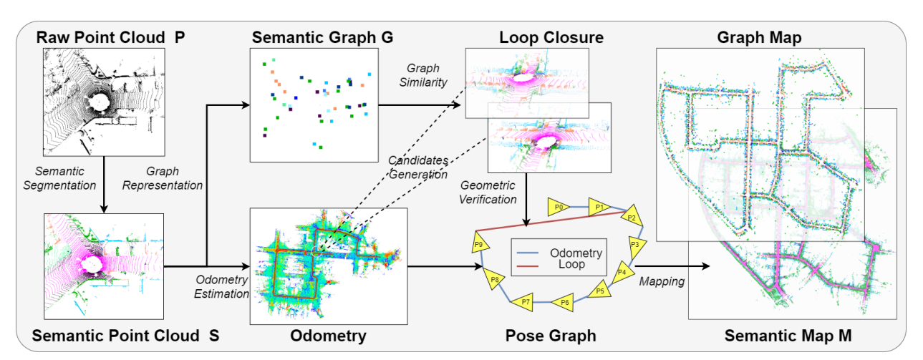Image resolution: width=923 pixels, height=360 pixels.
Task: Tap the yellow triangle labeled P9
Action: [x=479, y=244]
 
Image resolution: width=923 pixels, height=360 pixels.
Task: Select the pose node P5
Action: [x=599, y=290]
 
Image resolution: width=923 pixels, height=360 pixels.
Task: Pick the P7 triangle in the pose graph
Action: [x=523, y=302]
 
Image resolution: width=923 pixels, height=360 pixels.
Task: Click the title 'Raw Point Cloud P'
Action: [x=110, y=37]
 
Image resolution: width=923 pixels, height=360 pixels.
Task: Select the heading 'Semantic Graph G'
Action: [x=322, y=37]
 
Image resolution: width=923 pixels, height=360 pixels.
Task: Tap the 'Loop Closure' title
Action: [x=551, y=37]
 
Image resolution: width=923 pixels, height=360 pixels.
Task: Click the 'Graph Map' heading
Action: [x=759, y=37]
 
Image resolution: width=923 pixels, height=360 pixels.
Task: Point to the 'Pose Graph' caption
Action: [x=551, y=335]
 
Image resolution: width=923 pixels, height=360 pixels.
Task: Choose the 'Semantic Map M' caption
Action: [x=788, y=335]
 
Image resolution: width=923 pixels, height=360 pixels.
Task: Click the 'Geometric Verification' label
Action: [x=488, y=193]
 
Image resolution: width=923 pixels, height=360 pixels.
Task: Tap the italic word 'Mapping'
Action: [x=662, y=282]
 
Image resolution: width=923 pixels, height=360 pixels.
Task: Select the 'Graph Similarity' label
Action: [x=422, y=75]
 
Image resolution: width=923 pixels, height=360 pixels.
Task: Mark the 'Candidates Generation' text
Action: [x=418, y=167]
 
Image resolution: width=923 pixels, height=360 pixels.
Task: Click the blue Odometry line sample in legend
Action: [x=527, y=253]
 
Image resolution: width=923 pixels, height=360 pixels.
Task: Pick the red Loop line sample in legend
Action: [x=527, y=266]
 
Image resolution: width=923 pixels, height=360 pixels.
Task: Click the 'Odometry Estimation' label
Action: [x=221, y=287]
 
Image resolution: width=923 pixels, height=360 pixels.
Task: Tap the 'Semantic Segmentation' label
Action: [x=59, y=178]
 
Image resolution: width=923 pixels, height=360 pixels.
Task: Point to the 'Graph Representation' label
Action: [x=163, y=178]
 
